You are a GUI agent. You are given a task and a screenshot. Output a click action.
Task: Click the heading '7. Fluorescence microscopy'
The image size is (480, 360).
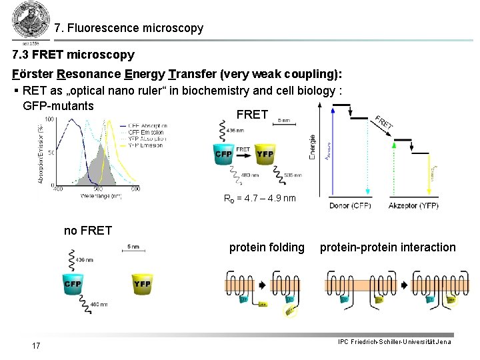pos(129,29)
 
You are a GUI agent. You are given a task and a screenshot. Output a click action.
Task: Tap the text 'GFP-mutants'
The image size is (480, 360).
pos(58,106)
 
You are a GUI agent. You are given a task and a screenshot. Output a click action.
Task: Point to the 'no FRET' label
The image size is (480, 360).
pos(87,231)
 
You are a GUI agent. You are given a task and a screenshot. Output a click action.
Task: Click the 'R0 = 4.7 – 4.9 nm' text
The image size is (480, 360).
pos(260,198)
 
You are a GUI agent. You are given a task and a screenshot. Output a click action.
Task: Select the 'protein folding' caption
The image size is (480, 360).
pos(267,247)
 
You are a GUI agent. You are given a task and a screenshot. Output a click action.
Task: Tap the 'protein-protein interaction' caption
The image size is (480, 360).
pos(387,247)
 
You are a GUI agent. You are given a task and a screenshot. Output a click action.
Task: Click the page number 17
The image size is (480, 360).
pos(36,345)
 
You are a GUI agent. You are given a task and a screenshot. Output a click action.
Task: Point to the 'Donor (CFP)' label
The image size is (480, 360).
pos(350,206)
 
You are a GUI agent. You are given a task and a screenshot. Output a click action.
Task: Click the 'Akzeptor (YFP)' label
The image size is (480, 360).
pos(413,206)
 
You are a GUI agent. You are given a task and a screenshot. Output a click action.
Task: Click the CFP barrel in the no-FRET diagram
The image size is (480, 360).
pos(73,285)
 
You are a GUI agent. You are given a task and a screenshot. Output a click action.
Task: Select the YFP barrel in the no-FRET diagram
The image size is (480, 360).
pos(142,285)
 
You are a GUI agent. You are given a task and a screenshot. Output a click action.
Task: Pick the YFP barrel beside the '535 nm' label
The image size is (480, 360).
pos(265,155)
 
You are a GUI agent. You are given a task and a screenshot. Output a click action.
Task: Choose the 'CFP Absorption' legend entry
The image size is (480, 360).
pos(148,125)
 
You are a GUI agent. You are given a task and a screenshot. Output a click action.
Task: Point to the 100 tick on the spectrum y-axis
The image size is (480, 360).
pos(50,119)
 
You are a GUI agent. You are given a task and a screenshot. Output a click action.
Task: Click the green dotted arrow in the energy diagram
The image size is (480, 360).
pos(394,167)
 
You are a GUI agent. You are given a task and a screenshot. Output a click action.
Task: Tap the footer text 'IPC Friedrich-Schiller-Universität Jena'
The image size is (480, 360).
pos(394,342)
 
